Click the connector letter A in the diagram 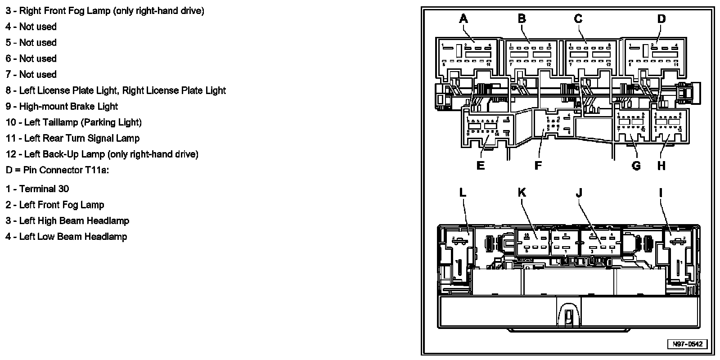[x=463, y=19]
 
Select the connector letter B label [x=522, y=19]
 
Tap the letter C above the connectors [x=578, y=19]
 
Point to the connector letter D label [x=661, y=19]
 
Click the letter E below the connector [x=481, y=166]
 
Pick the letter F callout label [x=538, y=166]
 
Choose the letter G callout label [x=636, y=166]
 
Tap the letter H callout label [x=661, y=166]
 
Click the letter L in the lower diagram [x=463, y=193]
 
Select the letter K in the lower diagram [x=522, y=193]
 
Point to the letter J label [x=579, y=193]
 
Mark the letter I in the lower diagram [x=661, y=193]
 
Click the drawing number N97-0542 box [x=687, y=344]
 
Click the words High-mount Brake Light [x=68, y=107]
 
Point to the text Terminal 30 [x=44, y=189]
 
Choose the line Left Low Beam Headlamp [x=73, y=237]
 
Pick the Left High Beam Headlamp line [x=74, y=221]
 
